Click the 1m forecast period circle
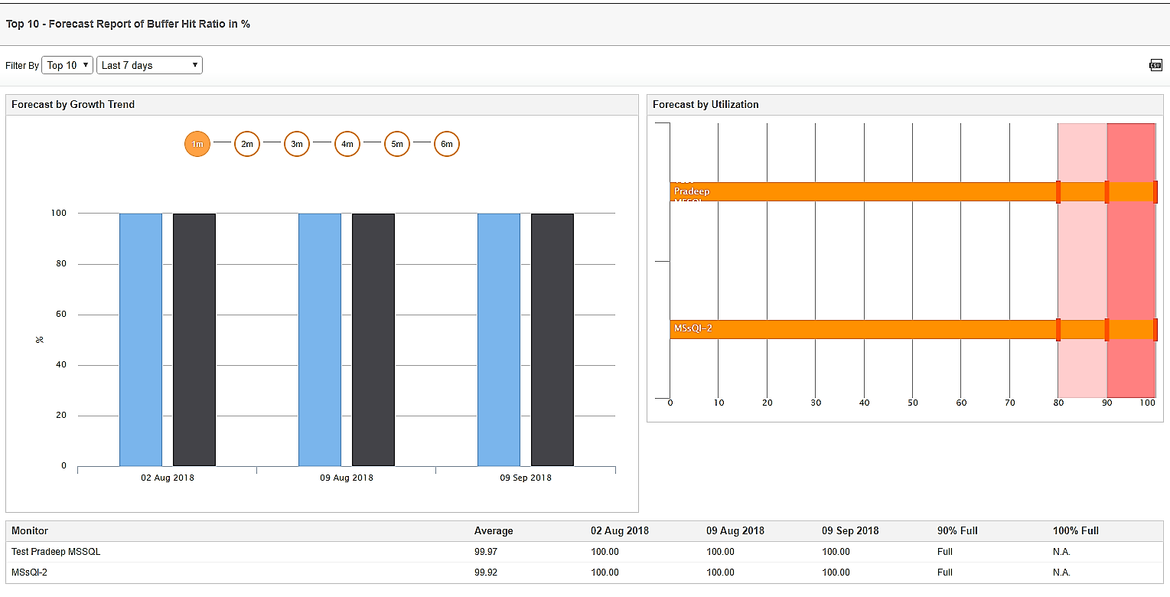[x=197, y=144]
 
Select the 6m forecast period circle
[x=447, y=144]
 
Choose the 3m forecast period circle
[x=297, y=144]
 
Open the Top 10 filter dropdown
[x=67, y=65]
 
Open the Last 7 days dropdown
[x=149, y=65]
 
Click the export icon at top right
[x=1155, y=65]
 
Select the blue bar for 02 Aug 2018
[x=141, y=339]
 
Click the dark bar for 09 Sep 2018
[x=552, y=339]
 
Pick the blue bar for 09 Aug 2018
[x=320, y=339]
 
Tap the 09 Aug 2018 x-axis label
[x=347, y=478]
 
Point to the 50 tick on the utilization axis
[x=913, y=403]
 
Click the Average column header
[x=494, y=530]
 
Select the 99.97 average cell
[x=485, y=552]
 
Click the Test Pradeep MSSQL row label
[x=56, y=552]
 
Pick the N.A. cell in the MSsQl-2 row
[x=1061, y=573]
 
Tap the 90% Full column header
[x=957, y=530]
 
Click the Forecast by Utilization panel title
[x=706, y=104]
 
